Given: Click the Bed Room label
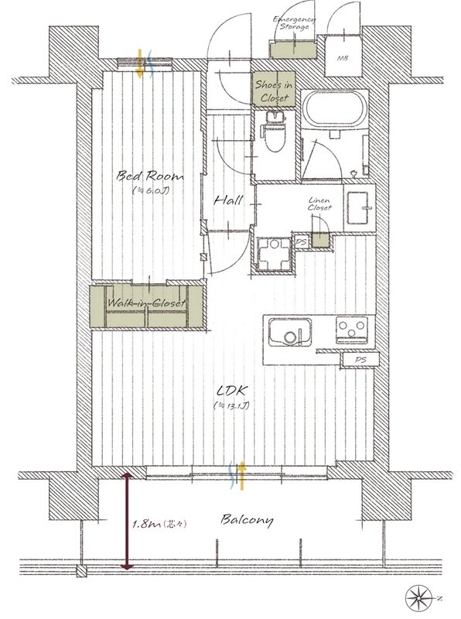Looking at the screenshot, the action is click(x=150, y=176).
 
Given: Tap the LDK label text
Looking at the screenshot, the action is click(x=232, y=391).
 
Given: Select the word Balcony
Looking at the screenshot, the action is click(x=247, y=520).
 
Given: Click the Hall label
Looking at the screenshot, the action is click(x=228, y=200).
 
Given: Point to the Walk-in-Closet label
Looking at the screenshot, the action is click(x=146, y=303).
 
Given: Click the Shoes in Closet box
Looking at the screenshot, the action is click(x=274, y=89).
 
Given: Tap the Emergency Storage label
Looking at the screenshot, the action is click(x=294, y=23).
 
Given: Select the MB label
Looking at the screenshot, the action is click(x=342, y=59).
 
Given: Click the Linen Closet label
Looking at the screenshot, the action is click(x=319, y=204).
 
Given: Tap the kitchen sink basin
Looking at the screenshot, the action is click(x=290, y=332).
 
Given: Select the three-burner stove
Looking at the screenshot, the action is click(x=352, y=330).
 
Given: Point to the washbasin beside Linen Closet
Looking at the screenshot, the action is click(x=360, y=207).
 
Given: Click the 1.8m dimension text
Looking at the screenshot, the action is click(x=159, y=525).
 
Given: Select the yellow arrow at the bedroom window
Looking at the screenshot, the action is click(x=139, y=63).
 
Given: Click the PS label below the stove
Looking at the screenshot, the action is click(x=360, y=360).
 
